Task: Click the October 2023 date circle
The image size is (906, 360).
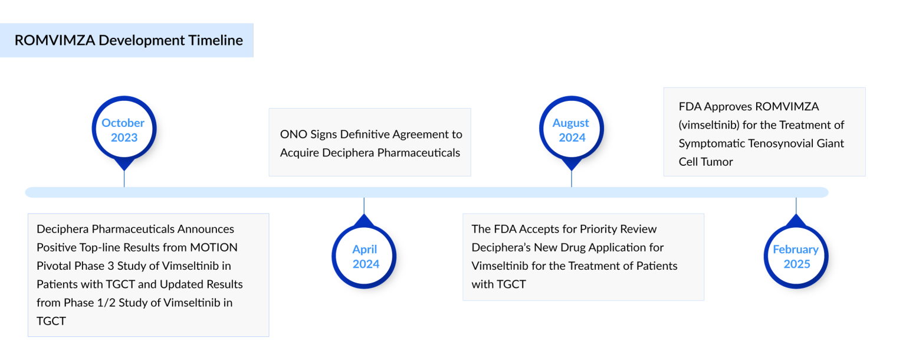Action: coord(123,130)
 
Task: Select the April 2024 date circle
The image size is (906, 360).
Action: coord(365,257)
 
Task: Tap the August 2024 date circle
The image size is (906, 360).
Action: coord(571,130)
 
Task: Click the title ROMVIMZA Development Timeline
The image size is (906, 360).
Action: coord(129,40)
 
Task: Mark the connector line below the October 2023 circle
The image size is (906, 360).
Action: coord(124,179)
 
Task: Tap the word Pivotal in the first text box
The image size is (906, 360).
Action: coord(54,266)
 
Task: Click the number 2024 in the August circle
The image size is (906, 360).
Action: coord(572,138)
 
